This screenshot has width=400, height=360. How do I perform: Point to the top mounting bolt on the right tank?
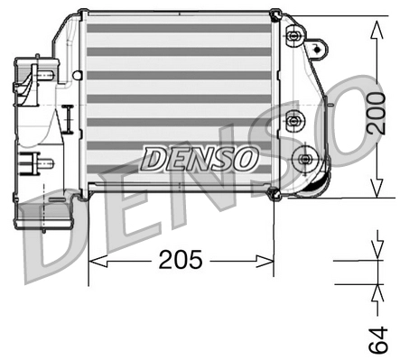click(x=293, y=36)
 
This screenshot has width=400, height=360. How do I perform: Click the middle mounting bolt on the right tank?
click(x=294, y=120)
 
